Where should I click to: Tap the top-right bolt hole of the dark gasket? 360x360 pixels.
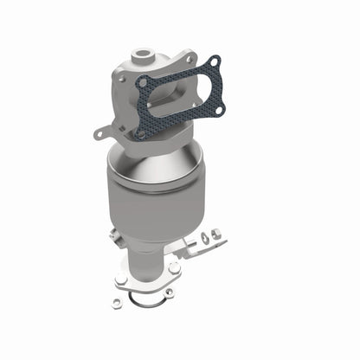click(215, 63)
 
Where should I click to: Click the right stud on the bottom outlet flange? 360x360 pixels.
click(174, 268)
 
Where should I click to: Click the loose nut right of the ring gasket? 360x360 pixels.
click(170, 292)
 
